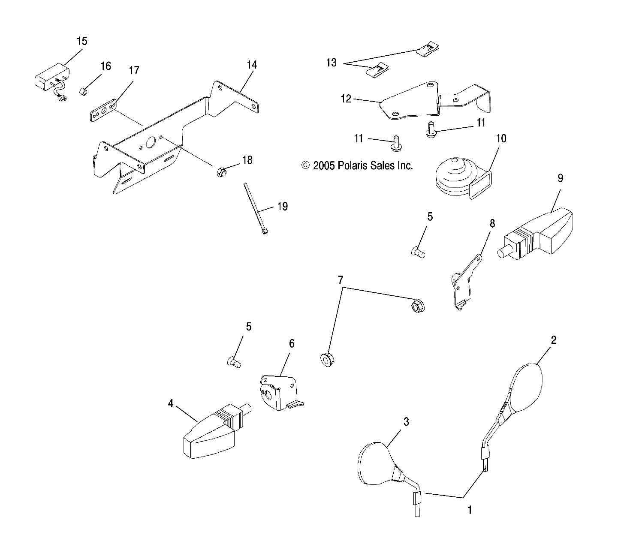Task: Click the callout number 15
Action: (x=81, y=41)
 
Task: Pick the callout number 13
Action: (x=331, y=63)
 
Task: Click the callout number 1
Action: (x=470, y=510)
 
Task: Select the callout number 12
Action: (x=346, y=99)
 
